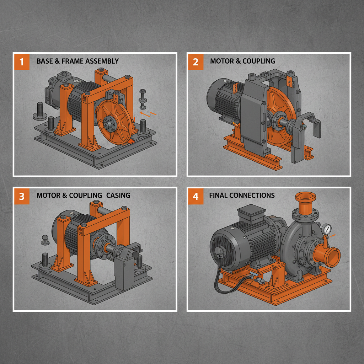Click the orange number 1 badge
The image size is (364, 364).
coord(22,62)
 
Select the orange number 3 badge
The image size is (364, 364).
coord(22,196)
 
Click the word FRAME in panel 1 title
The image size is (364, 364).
coord(73,61)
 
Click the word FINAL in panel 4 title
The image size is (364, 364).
coord(218,196)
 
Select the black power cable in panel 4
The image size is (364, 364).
coord(218,281)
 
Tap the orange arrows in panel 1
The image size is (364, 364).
coord(147,114)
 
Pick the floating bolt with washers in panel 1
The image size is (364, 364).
coord(143,100)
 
